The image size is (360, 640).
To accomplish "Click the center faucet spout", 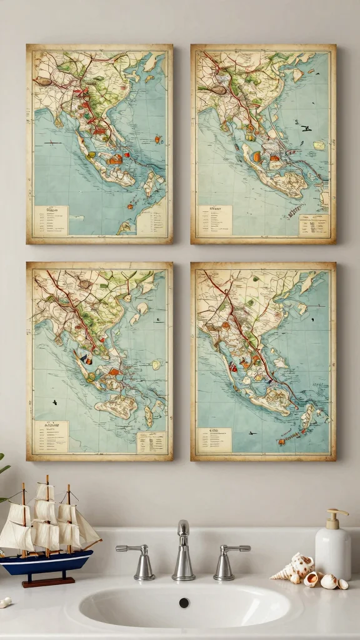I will coord(183,552).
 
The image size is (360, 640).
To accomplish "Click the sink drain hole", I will coord(184,602).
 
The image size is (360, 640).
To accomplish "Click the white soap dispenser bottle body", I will coord(332,551).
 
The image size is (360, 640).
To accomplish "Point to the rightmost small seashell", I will coord(343,584).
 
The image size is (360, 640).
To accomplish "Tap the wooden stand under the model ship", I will coord(49,581).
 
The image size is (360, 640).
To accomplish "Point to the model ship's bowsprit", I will coord(94,546).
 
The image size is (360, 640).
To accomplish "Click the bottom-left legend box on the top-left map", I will coord(51,221).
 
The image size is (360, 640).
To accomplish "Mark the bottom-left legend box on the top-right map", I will coord(214,221).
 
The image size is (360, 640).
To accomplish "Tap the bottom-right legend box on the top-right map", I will coord(314,224).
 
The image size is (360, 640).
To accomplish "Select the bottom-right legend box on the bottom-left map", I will coord(151,442).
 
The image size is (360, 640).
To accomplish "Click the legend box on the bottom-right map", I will coord(214,439).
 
